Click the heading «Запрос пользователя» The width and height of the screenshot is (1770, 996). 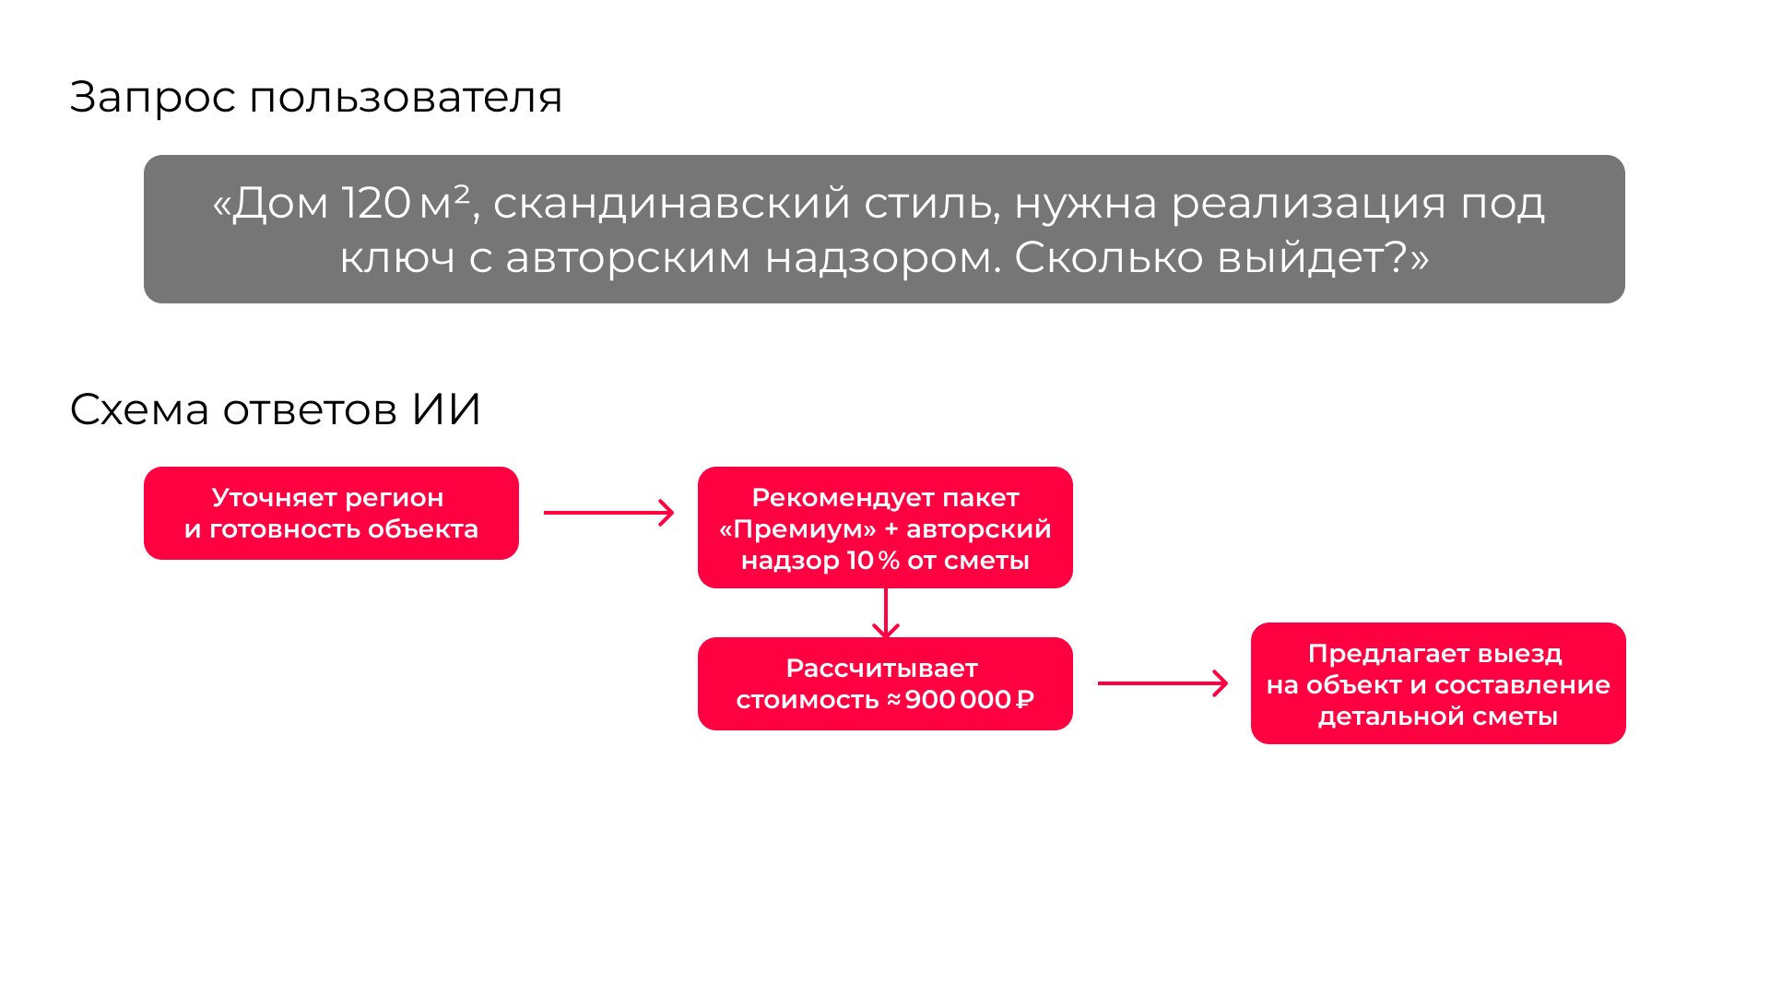[x=315, y=97]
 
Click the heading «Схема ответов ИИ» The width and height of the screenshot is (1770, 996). [x=275, y=409]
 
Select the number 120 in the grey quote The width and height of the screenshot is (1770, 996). [x=376, y=203]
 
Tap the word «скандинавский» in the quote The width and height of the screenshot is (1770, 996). [x=671, y=203]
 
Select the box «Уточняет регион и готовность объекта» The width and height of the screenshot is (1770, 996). [x=331, y=513]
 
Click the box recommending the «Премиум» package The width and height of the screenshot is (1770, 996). [x=885, y=528]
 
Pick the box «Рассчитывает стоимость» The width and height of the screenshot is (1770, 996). [x=885, y=683]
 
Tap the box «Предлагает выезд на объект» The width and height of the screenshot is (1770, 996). [x=1438, y=683]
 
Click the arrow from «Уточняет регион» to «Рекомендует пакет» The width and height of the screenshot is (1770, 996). [x=608, y=513]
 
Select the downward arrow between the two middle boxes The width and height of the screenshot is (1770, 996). [x=885, y=612]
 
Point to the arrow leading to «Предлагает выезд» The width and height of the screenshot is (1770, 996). [x=1162, y=683]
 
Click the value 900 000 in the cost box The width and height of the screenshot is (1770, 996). [x=958, y=700]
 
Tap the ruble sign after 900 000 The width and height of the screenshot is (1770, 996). [x=1025, y=700]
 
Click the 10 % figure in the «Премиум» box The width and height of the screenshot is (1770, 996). [x=872, y=561]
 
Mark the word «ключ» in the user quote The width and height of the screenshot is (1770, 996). [x=397, y=257]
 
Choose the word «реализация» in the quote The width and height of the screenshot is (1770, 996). [x=1307, y=203]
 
